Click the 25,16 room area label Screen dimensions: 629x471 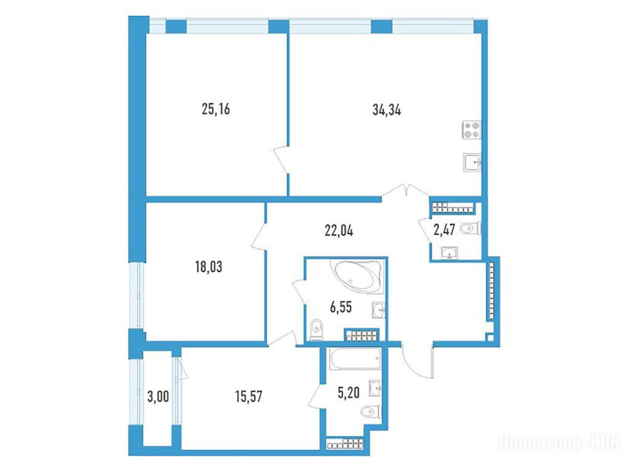point(216,109)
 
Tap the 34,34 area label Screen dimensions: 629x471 point(387,109)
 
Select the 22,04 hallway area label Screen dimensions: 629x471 point(339,230)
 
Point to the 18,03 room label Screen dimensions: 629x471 point(209,267)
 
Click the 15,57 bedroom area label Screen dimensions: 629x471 point(249,396)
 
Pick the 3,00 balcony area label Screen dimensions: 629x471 point(158,397)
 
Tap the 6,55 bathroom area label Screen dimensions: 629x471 point(341,307)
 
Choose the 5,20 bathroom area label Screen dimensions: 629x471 point(349,392)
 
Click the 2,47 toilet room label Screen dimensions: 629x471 point(444,230)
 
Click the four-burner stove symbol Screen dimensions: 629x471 point(472,130)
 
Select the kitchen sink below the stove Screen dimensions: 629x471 point(472,163)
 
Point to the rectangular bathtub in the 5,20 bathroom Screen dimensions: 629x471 point(355,358)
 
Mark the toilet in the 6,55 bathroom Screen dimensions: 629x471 point(316,330)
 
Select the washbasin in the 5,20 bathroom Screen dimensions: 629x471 point(375,388)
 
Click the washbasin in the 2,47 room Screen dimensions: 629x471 point(449,253)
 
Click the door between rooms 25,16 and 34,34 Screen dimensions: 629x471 point(281,160)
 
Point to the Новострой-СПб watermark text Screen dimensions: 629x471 point(559,443)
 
